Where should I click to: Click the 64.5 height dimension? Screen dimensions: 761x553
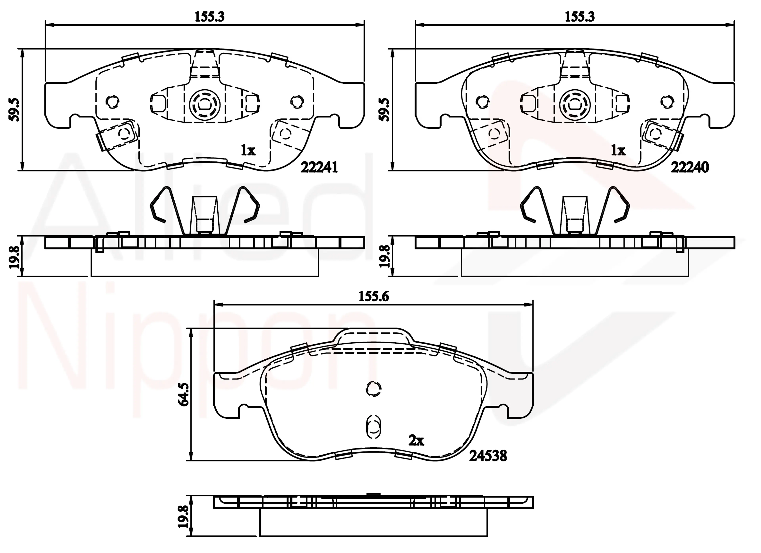pos(184,395)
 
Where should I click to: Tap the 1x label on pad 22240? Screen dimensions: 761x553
pos(618,150)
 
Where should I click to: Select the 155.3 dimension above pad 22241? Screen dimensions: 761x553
pos(210,16)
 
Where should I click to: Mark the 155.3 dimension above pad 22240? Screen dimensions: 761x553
pos(579,16)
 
